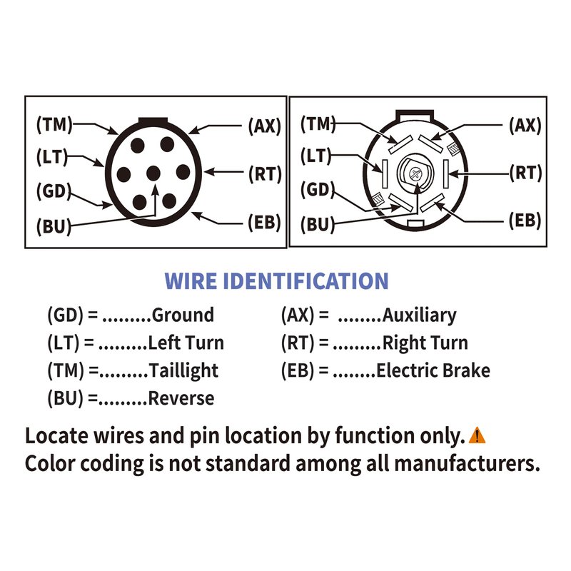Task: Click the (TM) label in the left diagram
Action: click(x=54, y=125)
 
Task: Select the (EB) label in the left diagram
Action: click(x=264, y=222)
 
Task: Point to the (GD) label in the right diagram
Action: click(x=318, y=189)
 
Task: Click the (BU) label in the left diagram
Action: click(x=54, y=227)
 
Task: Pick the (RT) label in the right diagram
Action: click(x=526, y=172)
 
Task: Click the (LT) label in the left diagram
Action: click(x=54, y=156)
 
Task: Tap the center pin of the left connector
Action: click(x=153, y=172)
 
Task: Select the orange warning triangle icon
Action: click(x=477, y=435)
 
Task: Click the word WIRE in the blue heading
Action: click(x=191, y=281)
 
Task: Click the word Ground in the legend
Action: click(x=183, y=315)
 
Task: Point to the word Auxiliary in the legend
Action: click(x=419, y=315)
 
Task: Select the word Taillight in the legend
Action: click(x=183, y=370)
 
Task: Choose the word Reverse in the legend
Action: click(x=181, y=398)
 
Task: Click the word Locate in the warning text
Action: click(x=54, y=435)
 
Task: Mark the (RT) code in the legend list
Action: click(x=298, y=343)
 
